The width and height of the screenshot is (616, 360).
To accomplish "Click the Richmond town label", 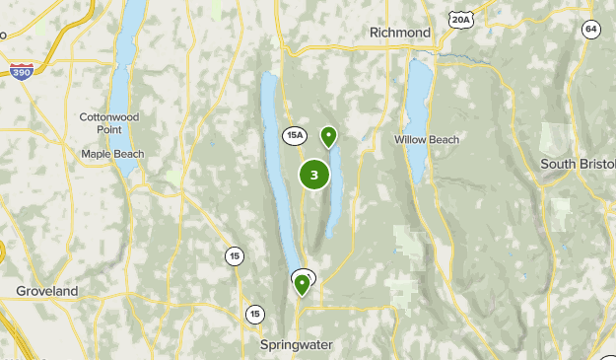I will click(x=400, y=33).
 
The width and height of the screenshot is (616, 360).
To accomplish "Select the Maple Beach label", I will click(x=112, y=154).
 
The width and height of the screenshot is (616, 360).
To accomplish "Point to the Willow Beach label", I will click(x=427, y=140).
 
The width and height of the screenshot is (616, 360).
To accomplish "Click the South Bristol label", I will click(x=579, y=163).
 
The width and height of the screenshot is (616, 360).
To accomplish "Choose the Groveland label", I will click(x=46, y=291).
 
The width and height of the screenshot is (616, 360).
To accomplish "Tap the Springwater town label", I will click(x=297, y=345).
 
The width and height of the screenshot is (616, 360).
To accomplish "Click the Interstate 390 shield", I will click(x=19, y=71).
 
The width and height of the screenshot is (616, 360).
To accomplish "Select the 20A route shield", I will click(x=460, y=21).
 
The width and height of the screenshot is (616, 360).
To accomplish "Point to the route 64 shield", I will click(x=590, y=29).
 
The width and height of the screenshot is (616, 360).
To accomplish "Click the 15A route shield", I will click(x=293, y=134).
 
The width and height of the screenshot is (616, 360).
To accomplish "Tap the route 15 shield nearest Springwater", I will click(x=255, y=314).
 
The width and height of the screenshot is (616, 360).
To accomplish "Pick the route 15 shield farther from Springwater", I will click(x=233, y=255).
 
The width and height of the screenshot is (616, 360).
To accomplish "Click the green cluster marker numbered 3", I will click(x=314, y=176).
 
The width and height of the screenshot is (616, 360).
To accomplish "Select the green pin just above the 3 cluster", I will click(x=329, y=137).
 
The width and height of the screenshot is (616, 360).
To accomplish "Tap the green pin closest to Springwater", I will click(x=302, y=284).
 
